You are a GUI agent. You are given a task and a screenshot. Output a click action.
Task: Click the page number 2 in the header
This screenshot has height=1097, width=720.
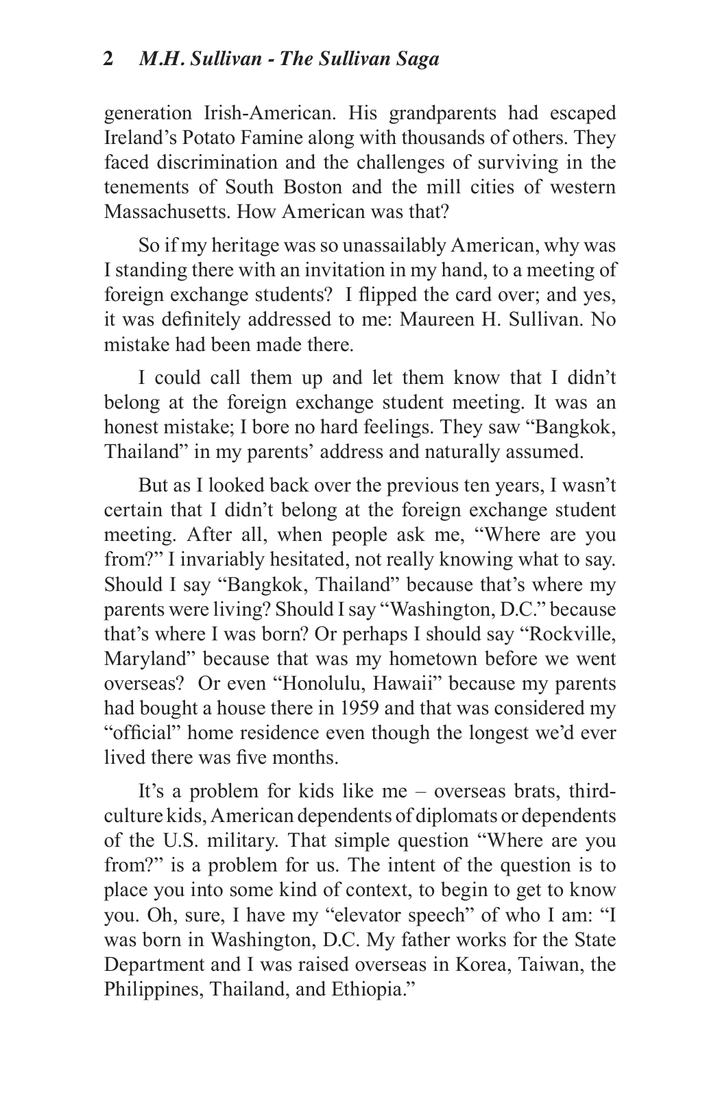[108, 60]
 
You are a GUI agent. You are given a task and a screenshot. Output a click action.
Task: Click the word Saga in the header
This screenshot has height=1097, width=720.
[416, 60]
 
